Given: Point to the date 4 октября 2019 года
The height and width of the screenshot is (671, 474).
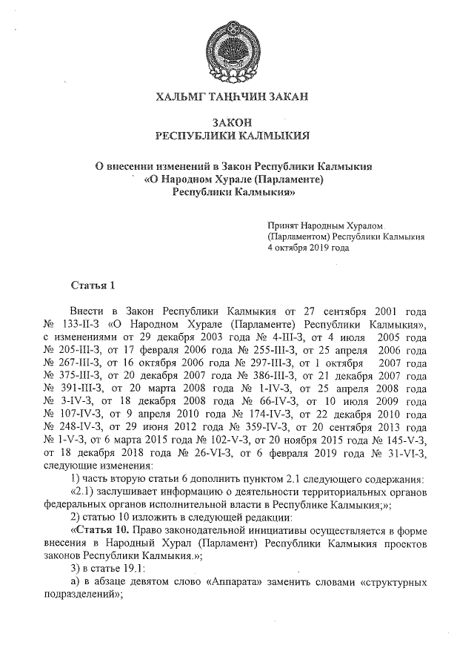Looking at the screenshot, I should coord(308,248).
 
